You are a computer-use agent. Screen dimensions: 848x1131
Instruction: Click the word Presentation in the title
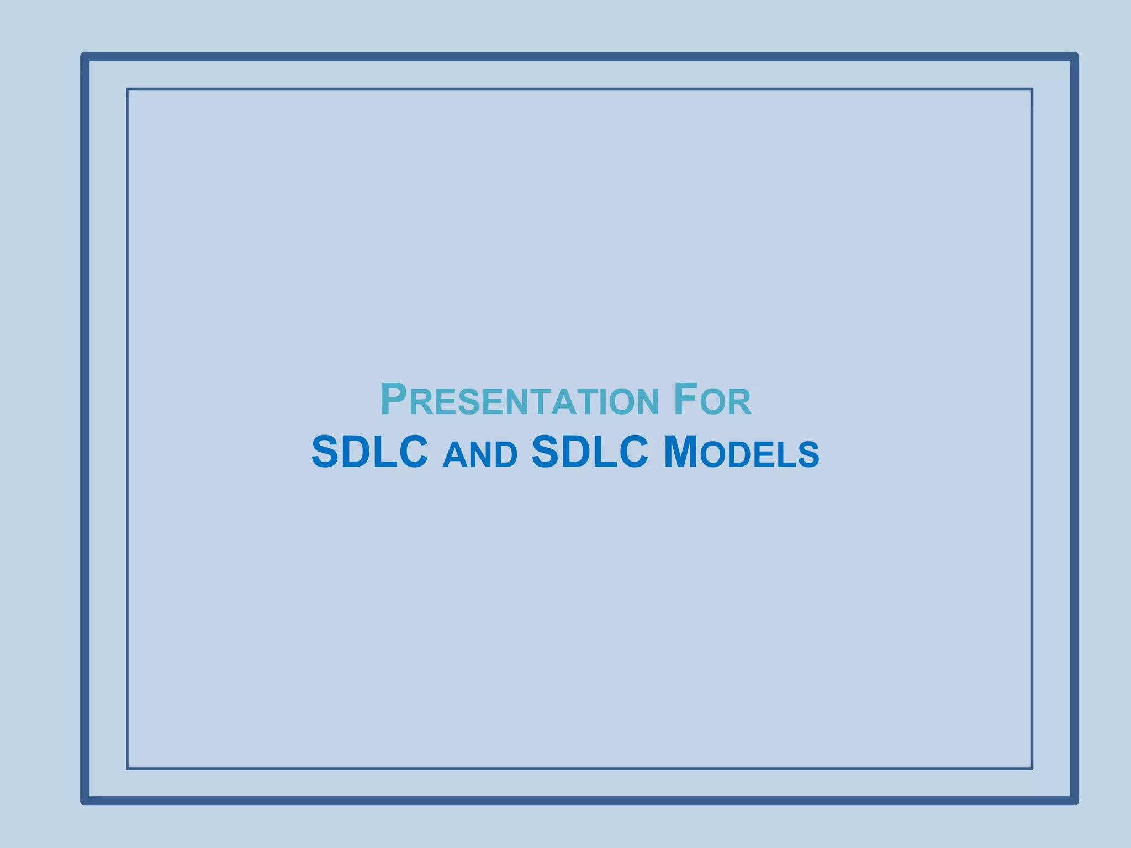(519, 400)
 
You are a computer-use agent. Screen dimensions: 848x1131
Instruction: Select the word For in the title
(712, 400)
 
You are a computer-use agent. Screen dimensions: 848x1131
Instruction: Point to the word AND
(480, 454)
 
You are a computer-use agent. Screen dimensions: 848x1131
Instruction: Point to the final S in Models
(808, 455)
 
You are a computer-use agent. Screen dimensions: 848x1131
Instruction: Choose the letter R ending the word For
(741, 402)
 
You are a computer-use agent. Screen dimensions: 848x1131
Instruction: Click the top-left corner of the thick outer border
(85, 57)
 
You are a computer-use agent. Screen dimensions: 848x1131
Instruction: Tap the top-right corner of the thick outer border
(1074, 57)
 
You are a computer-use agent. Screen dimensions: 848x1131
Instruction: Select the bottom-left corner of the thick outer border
(85, 801)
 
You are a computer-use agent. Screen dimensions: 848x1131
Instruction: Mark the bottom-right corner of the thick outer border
(1074, 801)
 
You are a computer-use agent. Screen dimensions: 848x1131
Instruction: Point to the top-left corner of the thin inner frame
(128, 89)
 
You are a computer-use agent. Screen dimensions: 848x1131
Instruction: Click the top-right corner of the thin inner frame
(1032, 89)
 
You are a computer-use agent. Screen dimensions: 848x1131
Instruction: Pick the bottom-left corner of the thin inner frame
(128, 768)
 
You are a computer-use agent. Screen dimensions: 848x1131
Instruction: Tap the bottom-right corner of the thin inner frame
(1032, 768)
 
